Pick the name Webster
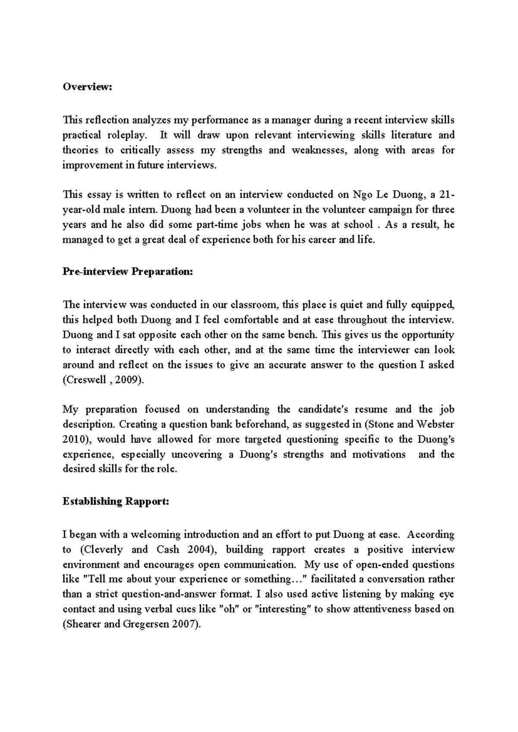point(435,424)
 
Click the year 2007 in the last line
point(186,625)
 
